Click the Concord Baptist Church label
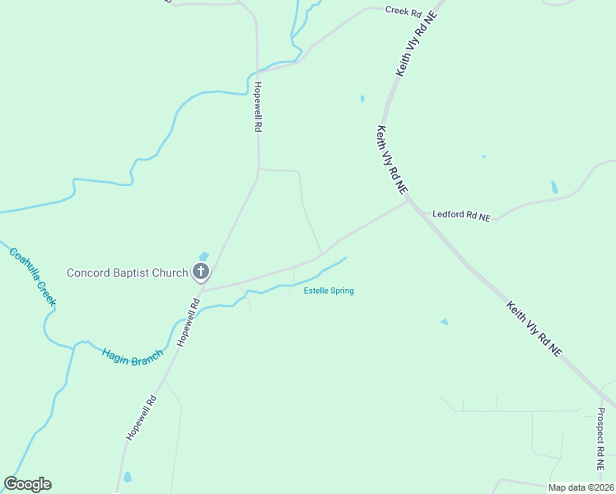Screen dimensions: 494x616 (x=127, y=273)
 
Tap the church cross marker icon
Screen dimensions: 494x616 (x=200, y=271)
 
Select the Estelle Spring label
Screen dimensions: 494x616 (x=329, y=291)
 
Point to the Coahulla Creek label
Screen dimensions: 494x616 (x=33, y=277)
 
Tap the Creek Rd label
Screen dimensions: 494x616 (x=404, y=12)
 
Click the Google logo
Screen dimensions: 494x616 (x=27, y=484)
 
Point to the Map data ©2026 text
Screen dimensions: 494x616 (x=581, y=487)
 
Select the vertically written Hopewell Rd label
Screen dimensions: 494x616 (x=258, y=107)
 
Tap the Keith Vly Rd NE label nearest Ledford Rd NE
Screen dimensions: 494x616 (x=392, y=159)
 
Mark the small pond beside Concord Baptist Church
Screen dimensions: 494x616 (x=203, y=256)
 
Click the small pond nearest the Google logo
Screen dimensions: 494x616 (x=127, y=477)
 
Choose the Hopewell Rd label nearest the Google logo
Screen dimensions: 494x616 (x=141, y=417)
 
